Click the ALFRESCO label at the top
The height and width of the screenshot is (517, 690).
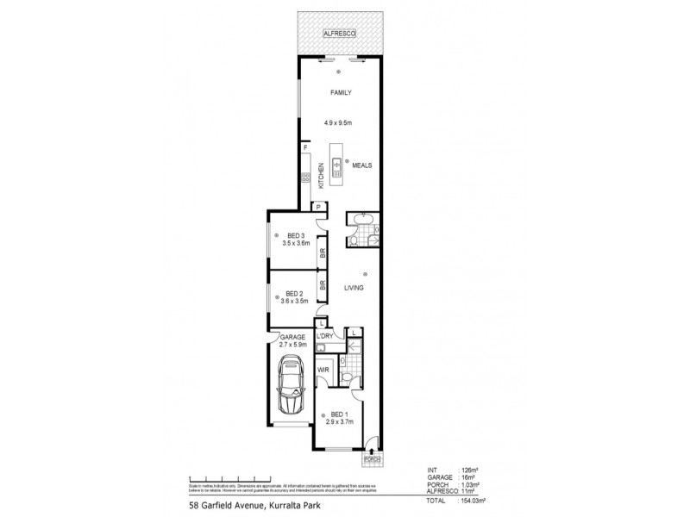pyautogui.click(x=339, y=33)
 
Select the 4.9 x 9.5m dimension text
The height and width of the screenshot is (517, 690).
pyautogui.click(x=339, y=121)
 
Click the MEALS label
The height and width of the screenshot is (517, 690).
pyautogui.click(x=361, y=165)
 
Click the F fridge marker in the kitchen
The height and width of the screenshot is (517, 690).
pyautogui.click(x=305, y=148)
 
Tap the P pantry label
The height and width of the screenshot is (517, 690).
pyautogui.click(x=318, y=206)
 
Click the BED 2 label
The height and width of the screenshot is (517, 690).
pyautogui.click(x=294, y=293)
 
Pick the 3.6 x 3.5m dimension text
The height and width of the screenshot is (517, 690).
pyautogui.click(x=294, y=301)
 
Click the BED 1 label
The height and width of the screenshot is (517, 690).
pyautogui.click(x=339, y=414)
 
